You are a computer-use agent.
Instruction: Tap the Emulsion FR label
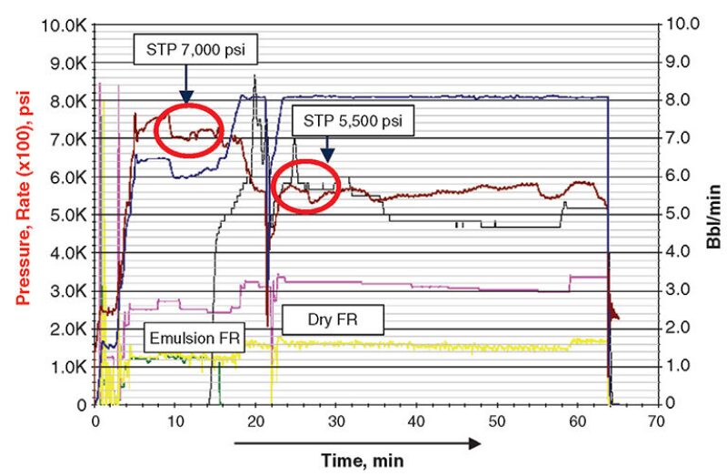(192, 339)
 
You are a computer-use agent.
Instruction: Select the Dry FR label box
(333, 319)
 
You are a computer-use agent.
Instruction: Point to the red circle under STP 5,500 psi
(306, 186)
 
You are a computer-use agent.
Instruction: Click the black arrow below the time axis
(357, 443)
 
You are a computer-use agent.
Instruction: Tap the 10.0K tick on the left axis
(64, 23)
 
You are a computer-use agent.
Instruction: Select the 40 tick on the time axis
(417, 420)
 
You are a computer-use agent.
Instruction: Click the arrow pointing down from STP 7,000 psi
(185, 83)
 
